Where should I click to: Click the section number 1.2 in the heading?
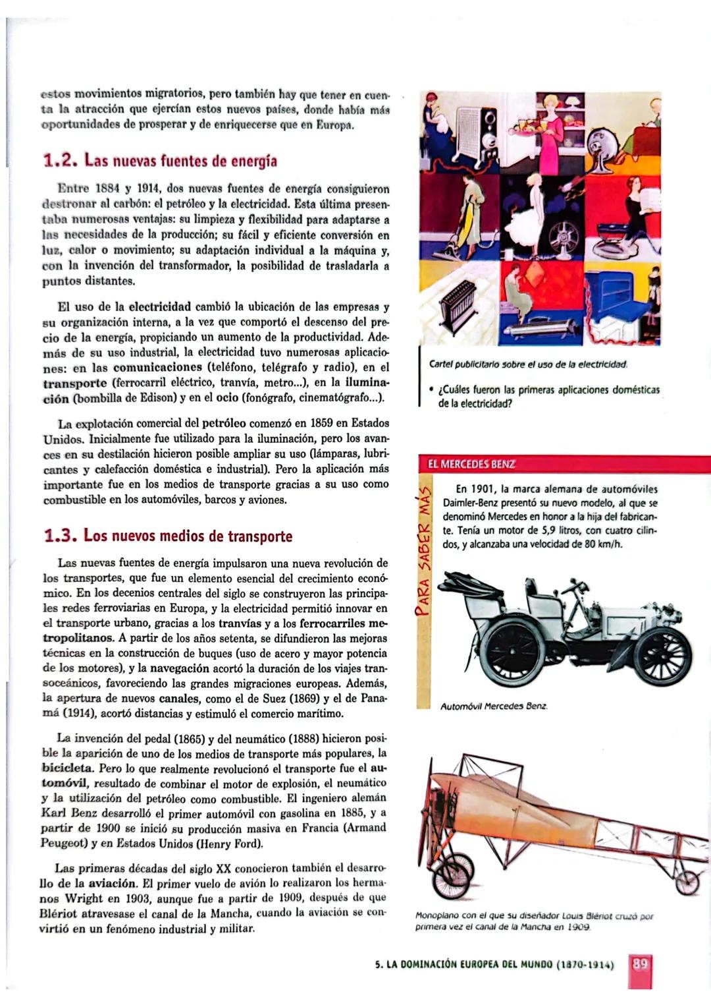[60, 161]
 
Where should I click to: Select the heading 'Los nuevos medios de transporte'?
[188, 536]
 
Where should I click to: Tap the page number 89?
[640, 964]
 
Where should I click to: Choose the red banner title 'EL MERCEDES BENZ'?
[471, 464]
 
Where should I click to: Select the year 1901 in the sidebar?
[483, 489]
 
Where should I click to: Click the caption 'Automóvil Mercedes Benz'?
[494, 706]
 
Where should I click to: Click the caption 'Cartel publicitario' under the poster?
[528, 364]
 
